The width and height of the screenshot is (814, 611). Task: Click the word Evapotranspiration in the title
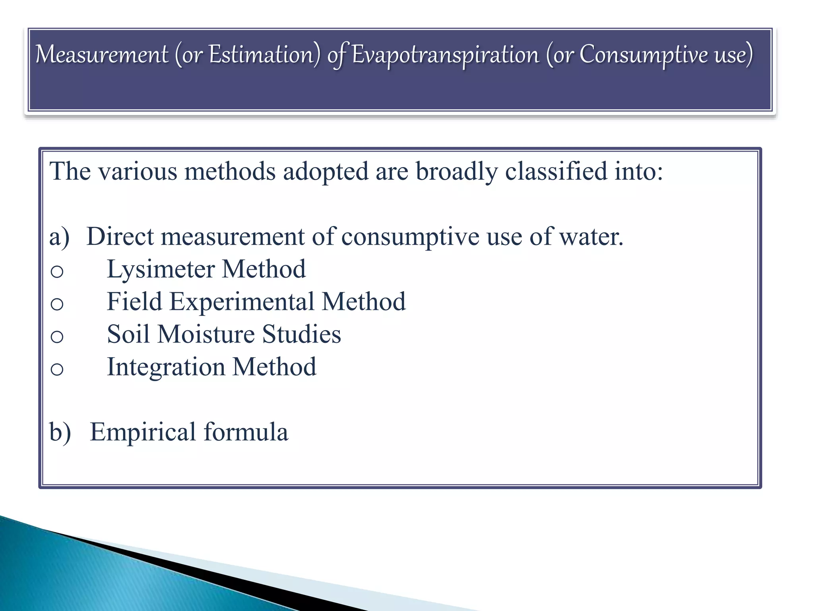[x=445, y=55]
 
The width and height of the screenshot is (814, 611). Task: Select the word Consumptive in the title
[x=644, y=54]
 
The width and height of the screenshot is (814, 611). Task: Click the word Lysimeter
[x=161, y=270]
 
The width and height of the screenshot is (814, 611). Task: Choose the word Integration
[x=166, y=367]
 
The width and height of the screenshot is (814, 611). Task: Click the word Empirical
[x=143, y=432]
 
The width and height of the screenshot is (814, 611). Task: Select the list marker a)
[x=59, y=237]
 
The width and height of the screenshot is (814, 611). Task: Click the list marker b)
[x=60, y=432]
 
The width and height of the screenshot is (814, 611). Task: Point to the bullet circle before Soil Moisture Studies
[x=57, y=337]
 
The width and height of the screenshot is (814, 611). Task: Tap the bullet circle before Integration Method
[x=57, y=370]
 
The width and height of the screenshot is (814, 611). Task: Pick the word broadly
[x=457, y=172]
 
